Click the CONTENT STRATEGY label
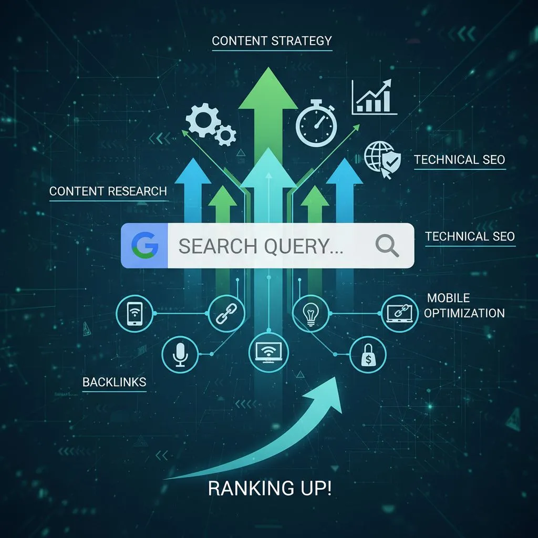(272, 40)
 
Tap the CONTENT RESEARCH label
(108, 191)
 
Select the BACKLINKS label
(114, 382)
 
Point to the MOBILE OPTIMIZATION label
(464, 306)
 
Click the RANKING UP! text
(270, 489)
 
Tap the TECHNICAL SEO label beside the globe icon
(459, 160)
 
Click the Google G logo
(144, 245)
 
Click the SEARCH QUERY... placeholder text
(261, 246)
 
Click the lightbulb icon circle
(309, 312)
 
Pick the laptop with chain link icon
(399, 313)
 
